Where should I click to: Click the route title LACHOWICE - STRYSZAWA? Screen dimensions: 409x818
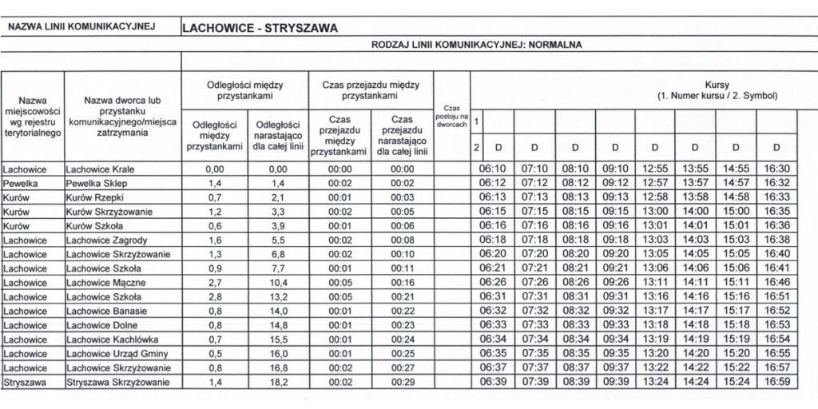click(260, 27)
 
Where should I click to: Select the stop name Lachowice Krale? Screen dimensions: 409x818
click(100, 169)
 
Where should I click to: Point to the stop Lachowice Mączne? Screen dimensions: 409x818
click(105, 284)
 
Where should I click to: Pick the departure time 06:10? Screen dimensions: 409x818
click(493, 169)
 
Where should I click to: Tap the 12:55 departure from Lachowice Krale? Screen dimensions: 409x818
click(654, 169)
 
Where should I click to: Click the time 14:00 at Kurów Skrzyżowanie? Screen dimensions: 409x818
click(694, 212)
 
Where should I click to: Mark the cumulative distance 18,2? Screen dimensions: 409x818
click(277, 383)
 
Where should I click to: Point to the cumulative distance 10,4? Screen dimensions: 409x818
click(277, 284)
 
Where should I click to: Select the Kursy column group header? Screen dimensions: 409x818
click(717, 89)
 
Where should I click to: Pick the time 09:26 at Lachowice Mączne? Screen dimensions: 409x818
click(614, 284)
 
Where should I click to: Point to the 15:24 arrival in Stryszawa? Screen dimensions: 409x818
click(734, 383)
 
